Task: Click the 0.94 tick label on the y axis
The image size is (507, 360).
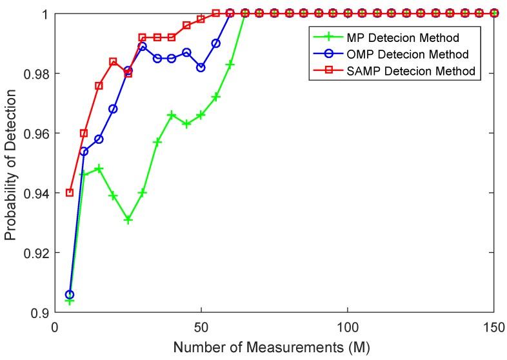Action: tap(34, 193)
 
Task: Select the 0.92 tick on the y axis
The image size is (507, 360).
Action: tap(34, 253)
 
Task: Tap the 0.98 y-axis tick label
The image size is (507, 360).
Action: tap(34, 74)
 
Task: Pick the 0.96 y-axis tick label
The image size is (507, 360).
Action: tap(34, 134)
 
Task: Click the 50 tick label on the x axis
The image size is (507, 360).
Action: tap(201, 327)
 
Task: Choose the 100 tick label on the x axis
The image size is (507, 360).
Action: tap(348, 327)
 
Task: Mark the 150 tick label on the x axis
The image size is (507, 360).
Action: tap(494, 327)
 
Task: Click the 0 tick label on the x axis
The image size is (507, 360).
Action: tap(55, 327)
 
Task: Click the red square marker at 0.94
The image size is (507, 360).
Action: tap(70, 193)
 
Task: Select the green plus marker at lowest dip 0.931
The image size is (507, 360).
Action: tap(128, 220)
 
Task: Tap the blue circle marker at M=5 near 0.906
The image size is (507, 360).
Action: tap(70, 295)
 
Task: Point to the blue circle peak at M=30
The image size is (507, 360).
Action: tap(143, 46)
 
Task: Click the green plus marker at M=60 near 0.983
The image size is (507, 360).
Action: tap(230, 65)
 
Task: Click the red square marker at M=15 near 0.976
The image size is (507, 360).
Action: tap(99, 85)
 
